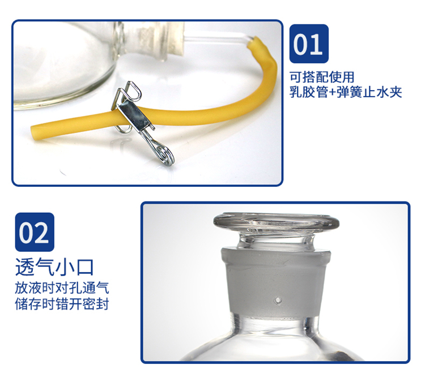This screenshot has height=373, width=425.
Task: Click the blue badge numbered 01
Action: (309, 44)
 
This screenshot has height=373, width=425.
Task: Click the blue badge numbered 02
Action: (35, 232)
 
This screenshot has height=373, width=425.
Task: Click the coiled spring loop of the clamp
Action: (166, 156)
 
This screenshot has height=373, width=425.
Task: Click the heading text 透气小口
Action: (54, 267)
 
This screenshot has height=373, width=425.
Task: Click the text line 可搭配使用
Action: (322, 77)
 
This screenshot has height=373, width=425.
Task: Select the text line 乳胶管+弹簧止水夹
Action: (346, 92)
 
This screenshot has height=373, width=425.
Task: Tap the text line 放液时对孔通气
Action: (62, 288)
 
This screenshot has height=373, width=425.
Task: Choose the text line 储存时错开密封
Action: (62, 304)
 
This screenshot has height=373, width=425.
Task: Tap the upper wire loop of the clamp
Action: (133, 89)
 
